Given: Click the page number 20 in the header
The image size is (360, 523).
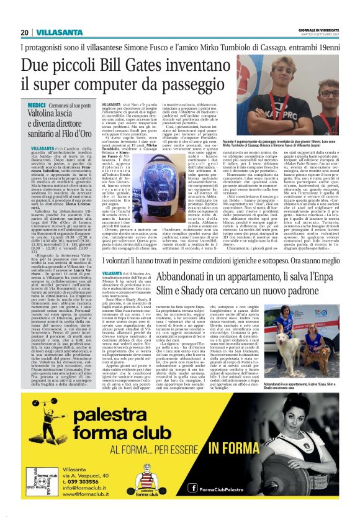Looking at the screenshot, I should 24,32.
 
